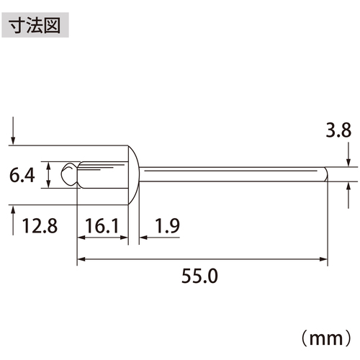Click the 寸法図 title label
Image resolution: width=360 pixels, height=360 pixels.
pos(35,25)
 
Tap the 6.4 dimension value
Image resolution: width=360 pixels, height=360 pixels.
pos(22,175)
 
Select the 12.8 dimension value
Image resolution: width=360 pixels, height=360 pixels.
pos(40,226)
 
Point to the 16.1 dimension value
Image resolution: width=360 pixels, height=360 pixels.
pos(102,226)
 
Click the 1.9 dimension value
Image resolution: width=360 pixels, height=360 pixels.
pos(168,226)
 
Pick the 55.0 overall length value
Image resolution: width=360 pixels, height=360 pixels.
pos(199,276)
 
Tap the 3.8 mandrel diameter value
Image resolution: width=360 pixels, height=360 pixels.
pos(338,130)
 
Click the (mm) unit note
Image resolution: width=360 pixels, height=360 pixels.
pos(326,338)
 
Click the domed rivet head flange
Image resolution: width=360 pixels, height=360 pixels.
pos(133,175)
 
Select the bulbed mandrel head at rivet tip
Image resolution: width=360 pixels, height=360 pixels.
pos(70,174)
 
